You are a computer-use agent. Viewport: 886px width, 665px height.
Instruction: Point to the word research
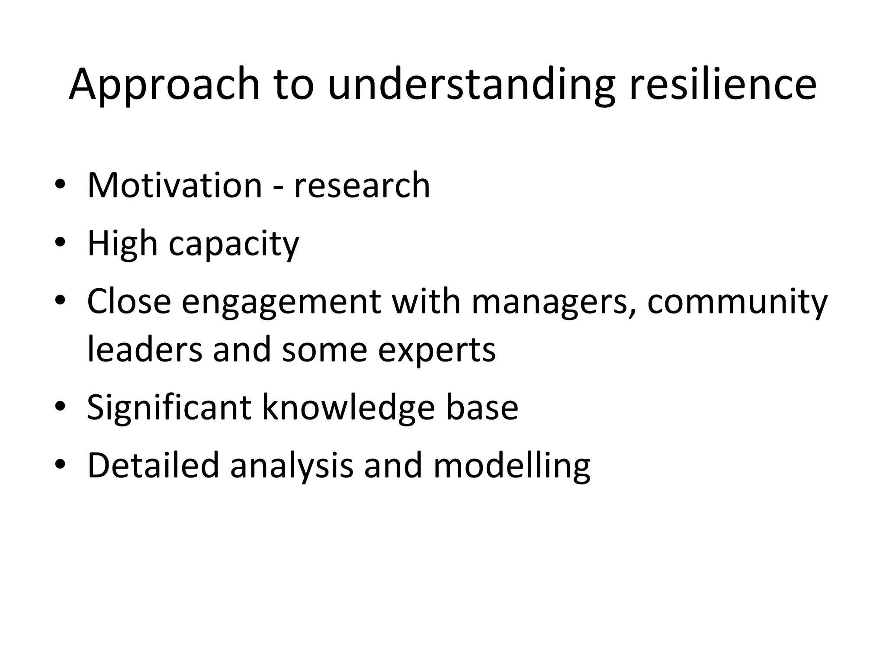coord(362,186)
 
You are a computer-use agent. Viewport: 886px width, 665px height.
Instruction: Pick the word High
coord(122,244)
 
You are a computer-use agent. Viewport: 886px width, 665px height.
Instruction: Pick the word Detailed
coord(153,465)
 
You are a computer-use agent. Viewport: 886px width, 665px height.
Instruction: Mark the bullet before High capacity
coord(60,242)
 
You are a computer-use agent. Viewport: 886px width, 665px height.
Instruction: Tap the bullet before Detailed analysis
coord(60,465)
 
